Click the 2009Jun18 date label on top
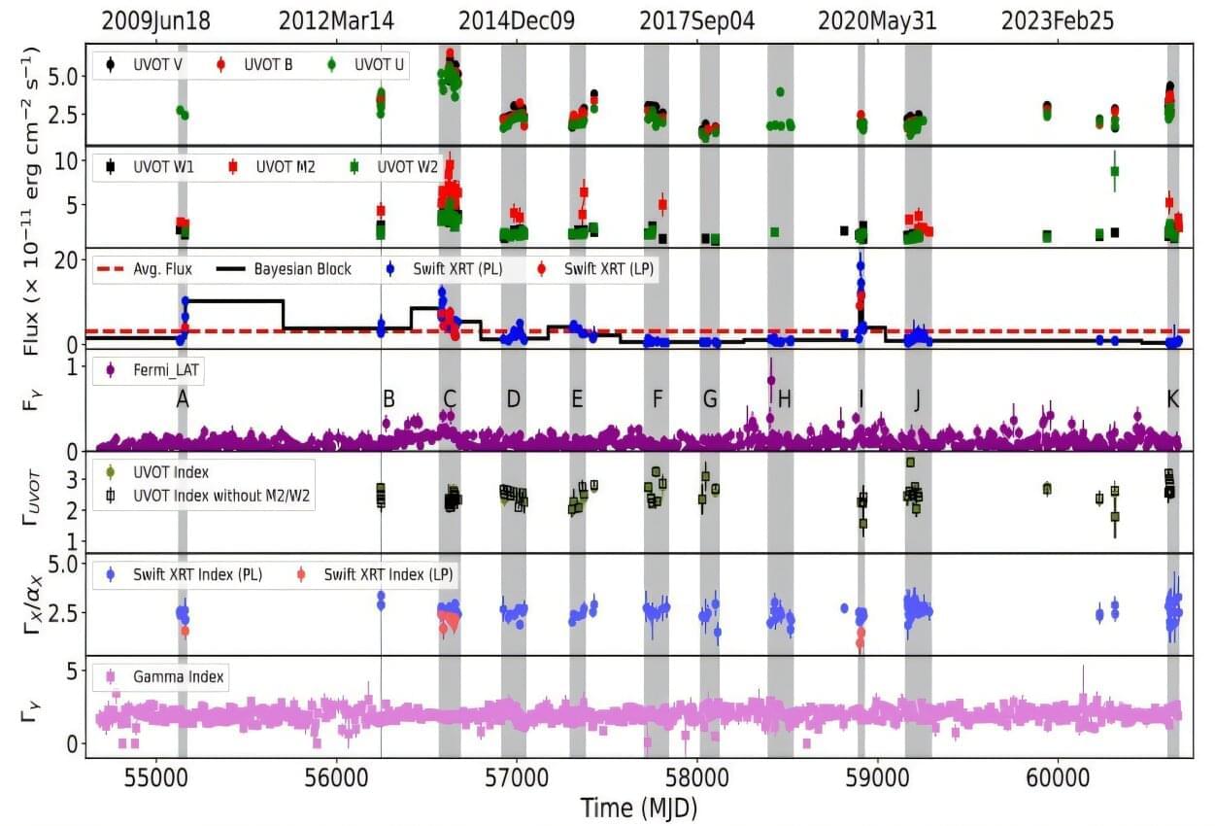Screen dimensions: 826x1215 pos(155,20)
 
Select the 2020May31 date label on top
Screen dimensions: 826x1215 pos(877,20)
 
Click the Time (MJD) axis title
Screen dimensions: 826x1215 pos(639,808)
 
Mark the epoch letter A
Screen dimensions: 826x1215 pos(182,398)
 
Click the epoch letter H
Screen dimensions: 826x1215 pos(785,398)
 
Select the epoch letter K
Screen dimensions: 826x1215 pos(1173,398)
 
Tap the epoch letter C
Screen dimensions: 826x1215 pos(449,398)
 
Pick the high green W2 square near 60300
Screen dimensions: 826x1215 pos(1115,171)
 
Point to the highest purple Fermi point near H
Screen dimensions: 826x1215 pos(771,380)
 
